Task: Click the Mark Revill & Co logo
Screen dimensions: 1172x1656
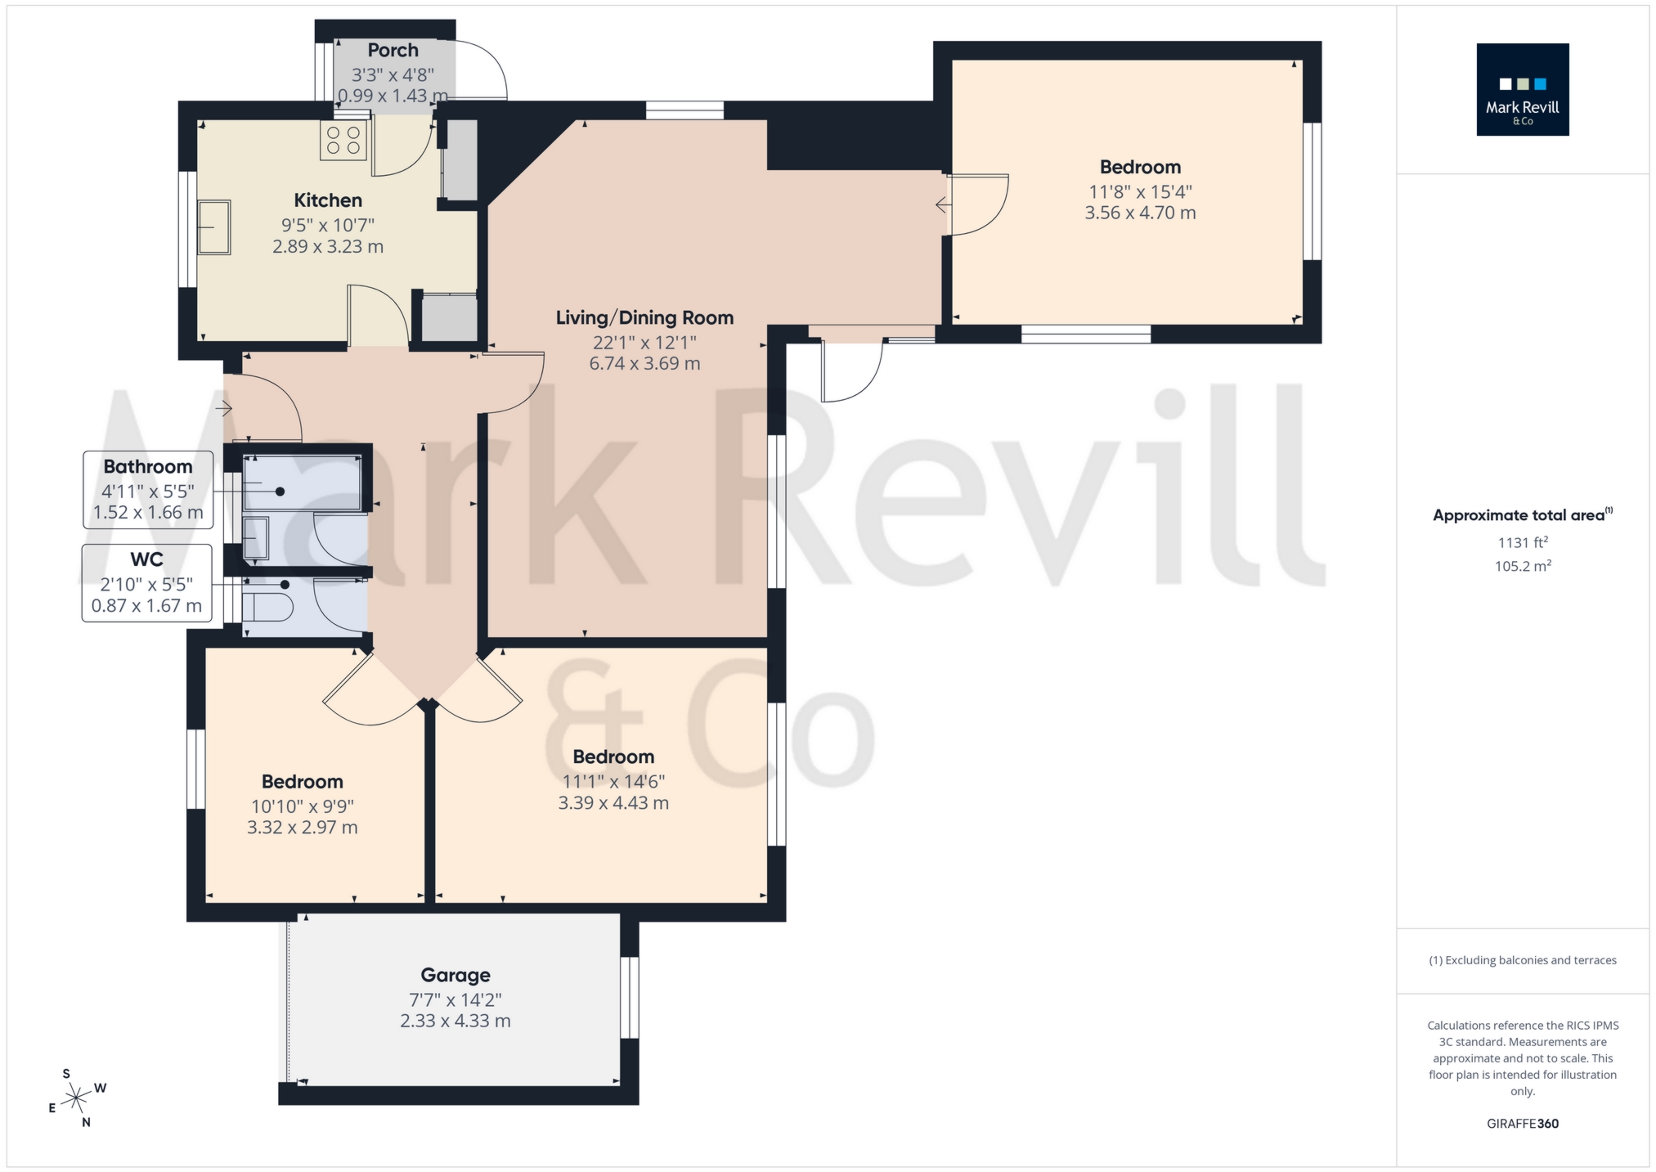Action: pyautogui.click(x=1522, y=90)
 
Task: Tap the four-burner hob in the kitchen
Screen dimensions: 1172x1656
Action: pyautogui.click(x=343, y=140)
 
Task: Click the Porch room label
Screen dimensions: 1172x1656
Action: pyautogui.click(x=393, y=51)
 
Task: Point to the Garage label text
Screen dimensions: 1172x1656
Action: pyautogui.click(x=456, y=975)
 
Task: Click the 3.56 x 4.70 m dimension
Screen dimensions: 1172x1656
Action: pyautogui.click(x=1140, y=213)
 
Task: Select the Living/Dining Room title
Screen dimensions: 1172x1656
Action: pyautogui.click(x=644, y=318)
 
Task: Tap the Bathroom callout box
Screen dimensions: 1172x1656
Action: pyautogui.click(x=148, y=489)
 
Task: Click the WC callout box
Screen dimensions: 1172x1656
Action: pyautogui.click(x=146, y=583)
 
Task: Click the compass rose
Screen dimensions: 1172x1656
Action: pyautogui.click(x=76, y=1097)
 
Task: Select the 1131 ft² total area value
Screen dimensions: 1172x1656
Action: pyautogui.click(x=1522, y=542)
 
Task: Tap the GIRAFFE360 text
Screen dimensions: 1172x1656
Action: pyautogui.click(x=1522, y=1124)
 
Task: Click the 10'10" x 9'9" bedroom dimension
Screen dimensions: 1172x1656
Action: pyautogui.click(x=303, y=806)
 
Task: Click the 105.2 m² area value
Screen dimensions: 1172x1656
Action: pyautogui.click(x=1522, y=566)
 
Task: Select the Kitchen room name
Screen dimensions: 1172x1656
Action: pyautogui.click(x=328, y=200)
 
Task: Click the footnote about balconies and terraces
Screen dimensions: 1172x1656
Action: pyautogui.click(x=1522, y=960)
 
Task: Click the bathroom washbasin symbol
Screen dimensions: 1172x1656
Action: pyautogui.click(x=255, y=537)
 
